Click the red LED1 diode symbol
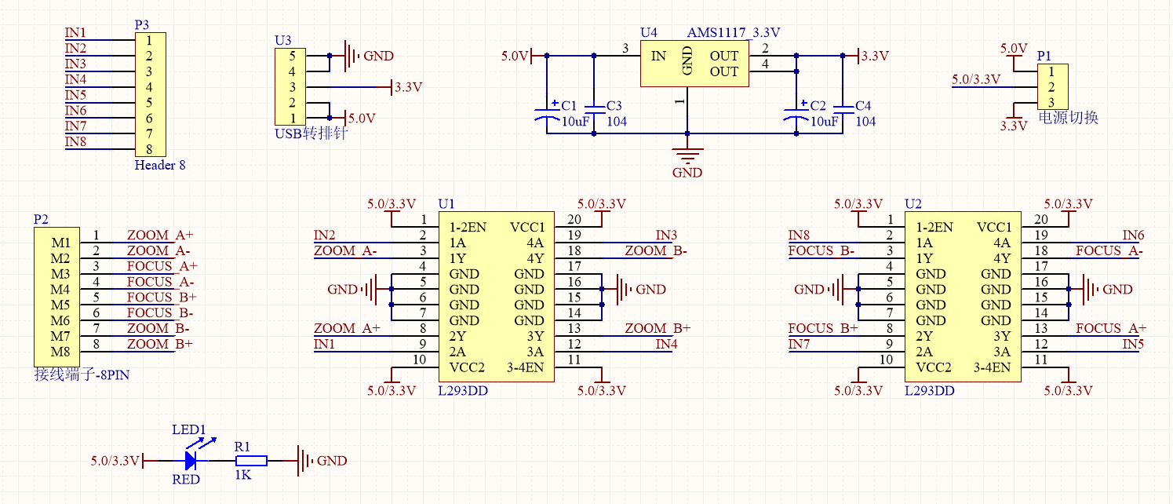pos(191,461)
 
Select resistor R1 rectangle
pos(251,461)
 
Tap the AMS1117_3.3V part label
pos(734,33)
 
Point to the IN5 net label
pos(1133,344)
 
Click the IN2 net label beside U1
pos(325,235)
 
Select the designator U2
pos(913,204)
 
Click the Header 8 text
pos(160,165)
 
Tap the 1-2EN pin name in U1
pos(468,228)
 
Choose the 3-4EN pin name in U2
pos(993,367)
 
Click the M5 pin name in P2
pos(61,305)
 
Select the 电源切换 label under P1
pos(1068,118)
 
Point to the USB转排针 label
pos(311,133)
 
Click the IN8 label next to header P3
pos(76,141)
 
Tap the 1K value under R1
pos(242,475)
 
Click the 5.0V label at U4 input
pos(515,57)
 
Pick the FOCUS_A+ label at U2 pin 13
pos(1110,328)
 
